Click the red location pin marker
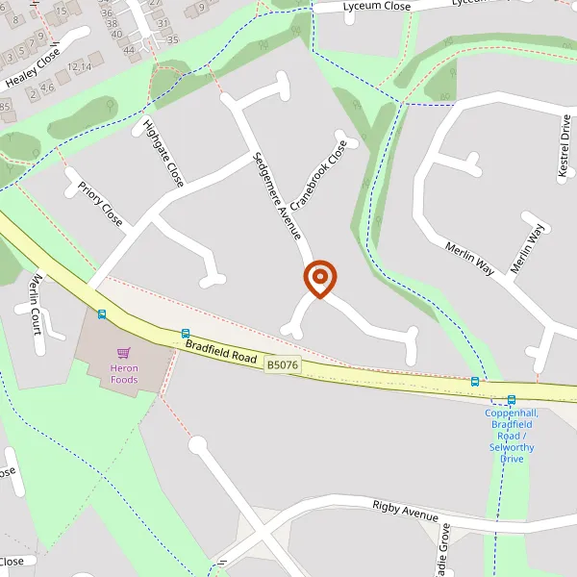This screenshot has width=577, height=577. point(319,279)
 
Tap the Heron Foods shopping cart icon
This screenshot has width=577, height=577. point(123,353)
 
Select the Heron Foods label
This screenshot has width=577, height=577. point(123,373)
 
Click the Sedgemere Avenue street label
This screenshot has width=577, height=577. point(277,195)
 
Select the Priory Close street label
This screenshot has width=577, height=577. point(100,204)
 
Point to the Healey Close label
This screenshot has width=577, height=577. point(32,69)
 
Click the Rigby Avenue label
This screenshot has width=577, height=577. point(405,511)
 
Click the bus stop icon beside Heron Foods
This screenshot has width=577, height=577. point(101,314)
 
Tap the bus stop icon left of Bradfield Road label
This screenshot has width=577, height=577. point(185,333)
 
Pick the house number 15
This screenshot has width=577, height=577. point(62,11)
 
